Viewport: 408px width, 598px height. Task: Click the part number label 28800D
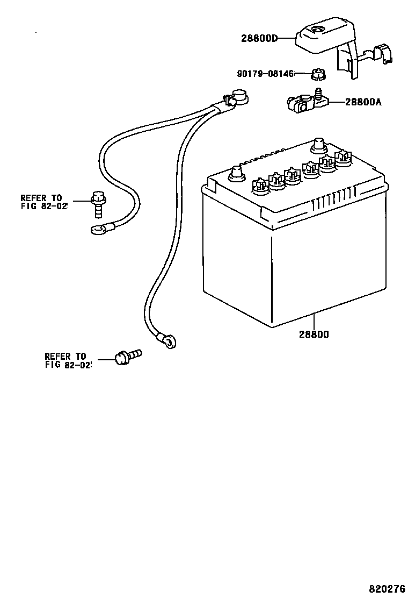pos(260,38)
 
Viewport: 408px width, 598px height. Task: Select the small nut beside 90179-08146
pos(316,74)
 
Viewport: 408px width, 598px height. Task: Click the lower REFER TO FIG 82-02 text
pos(68,360)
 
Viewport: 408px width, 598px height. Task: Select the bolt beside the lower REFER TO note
pos(127,357)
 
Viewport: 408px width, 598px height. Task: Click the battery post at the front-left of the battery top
pos(236,175)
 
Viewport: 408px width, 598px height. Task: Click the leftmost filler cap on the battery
pos(259,185)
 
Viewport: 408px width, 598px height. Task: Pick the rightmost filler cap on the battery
pos(342,156)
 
